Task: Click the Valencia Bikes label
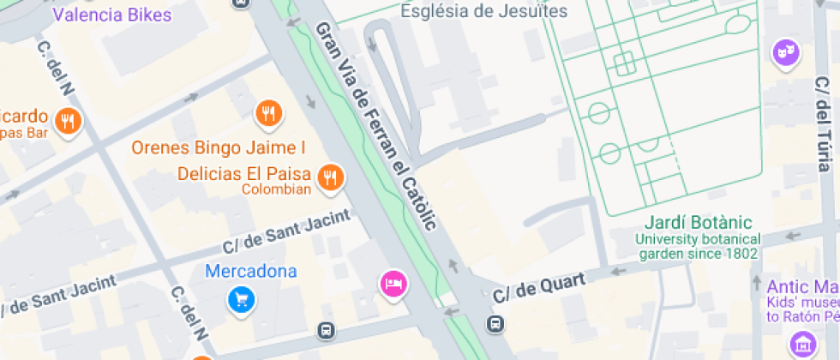(112, 15)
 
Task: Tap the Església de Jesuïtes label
(484, 11)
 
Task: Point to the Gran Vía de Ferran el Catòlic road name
(376, 125)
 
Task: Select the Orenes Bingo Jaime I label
(218, 147)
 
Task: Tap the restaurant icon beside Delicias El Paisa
(330, 177)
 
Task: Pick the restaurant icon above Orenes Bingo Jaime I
(268, 112)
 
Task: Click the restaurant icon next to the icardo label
(69, 121)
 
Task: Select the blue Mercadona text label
(251, 272)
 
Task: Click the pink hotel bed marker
(393, 283)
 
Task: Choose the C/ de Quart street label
(540, 288)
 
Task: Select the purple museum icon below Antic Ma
(804, 345)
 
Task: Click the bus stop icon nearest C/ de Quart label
(495, 324)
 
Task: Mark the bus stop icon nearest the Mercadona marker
(327, 330)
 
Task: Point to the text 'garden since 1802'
(698, 254)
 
